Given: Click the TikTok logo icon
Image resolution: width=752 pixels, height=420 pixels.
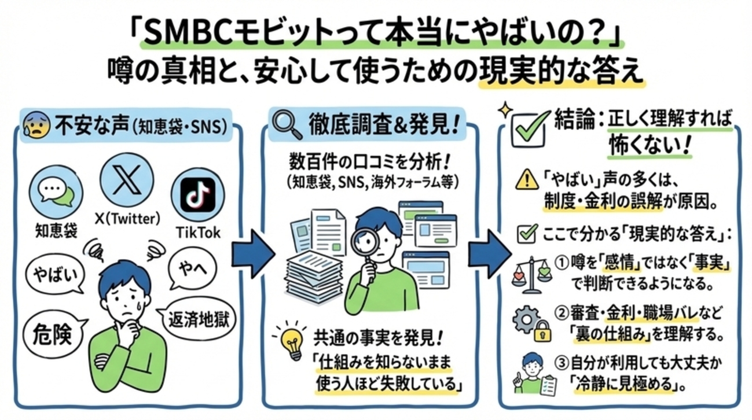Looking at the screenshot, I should click(x=197, y=195).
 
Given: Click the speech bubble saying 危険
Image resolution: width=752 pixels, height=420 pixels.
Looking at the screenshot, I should click(x=53, y=332).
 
